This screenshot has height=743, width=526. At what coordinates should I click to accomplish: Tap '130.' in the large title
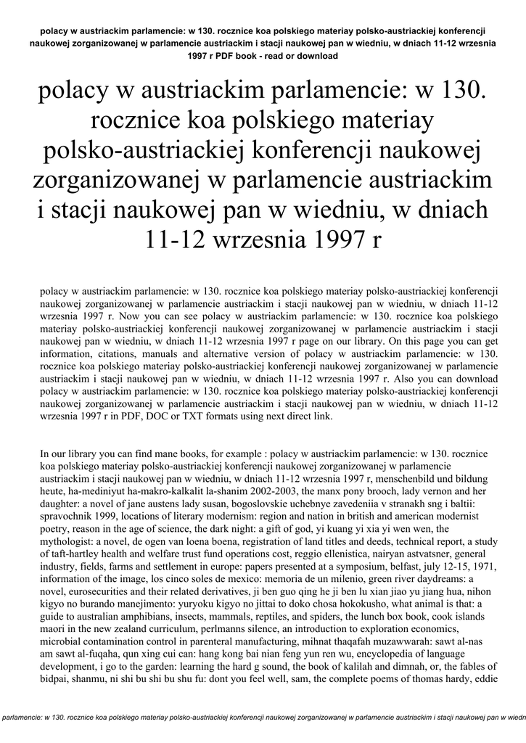tap(455, 91)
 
